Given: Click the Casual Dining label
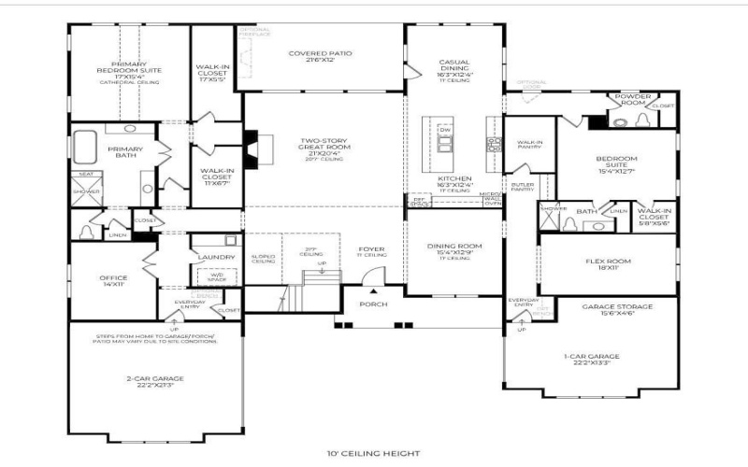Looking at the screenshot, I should (454, 69).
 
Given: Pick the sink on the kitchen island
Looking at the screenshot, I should (444, 143).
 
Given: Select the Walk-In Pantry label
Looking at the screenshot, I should (529, 145).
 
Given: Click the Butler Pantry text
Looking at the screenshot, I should (522, 187).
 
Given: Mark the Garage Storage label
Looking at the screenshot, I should (617, 309).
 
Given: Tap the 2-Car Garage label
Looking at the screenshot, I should (156, 380).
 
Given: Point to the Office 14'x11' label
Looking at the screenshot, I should (113, 280).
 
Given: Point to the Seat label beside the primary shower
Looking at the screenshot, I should (85, 174).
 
